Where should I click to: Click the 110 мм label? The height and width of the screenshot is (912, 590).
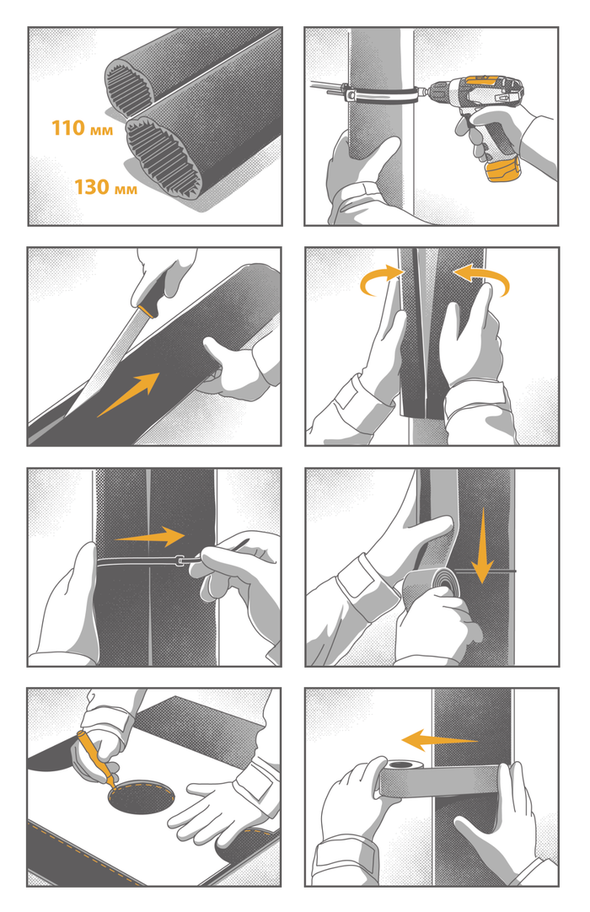pyautogui.click(x=82, y=128)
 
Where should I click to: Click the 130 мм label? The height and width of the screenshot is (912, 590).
pyautogui.click(x=105, y=187)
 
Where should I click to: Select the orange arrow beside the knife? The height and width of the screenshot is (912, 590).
pyautogui.click(x=129, y=394)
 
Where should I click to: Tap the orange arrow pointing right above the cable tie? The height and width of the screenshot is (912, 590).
pyautogui.click(x=149, y=536)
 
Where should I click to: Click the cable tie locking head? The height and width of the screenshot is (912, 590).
pyautogui.click(x=181, y=561)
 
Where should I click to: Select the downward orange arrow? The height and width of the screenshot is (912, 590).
pyautogui.click(x=482, y=546)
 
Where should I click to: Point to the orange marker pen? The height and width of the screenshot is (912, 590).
pyautogui.click(x=95, y=759)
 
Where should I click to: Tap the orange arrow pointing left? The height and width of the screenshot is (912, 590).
pyautogui.click(x=439, y=740)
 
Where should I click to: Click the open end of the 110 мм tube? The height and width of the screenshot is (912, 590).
pyautogui.click(x=129, y=89)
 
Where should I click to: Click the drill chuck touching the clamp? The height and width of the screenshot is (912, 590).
pyautogui.click(x=434, y=91)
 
